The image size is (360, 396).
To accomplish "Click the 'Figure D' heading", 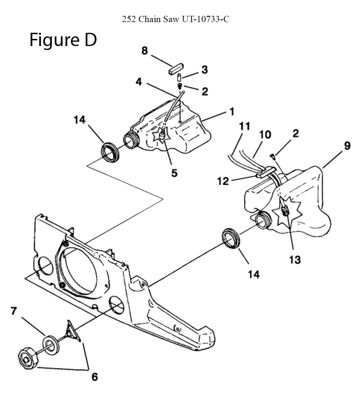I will click(x=63, y=40).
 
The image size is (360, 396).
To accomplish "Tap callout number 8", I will click(x=144, y=51).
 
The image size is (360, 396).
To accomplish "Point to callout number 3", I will click(x=204, y=70).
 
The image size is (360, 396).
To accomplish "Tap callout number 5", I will click(x=174, y=173).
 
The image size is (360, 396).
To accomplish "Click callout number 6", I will click(x=94, y=377).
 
